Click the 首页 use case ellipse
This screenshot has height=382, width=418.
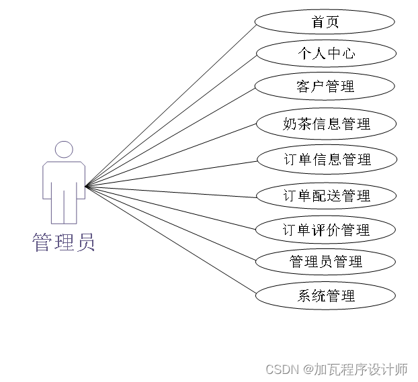point(325,21)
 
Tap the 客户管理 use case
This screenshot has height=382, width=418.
point(325,87)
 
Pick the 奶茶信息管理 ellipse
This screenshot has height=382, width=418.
point(325,124)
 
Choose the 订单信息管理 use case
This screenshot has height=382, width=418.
point(325,160)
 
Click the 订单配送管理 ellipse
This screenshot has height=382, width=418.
point(325,195)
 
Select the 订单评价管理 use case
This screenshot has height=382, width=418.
point(325,230)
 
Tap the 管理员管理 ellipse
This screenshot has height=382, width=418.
point(325,261)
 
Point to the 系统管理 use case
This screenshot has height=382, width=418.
point(325,295)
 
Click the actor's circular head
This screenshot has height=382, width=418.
point(64,149)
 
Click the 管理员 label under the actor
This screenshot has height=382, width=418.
point(64,242)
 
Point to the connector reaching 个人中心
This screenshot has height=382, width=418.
point(171,119)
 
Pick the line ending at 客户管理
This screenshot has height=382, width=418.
point(171,136)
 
